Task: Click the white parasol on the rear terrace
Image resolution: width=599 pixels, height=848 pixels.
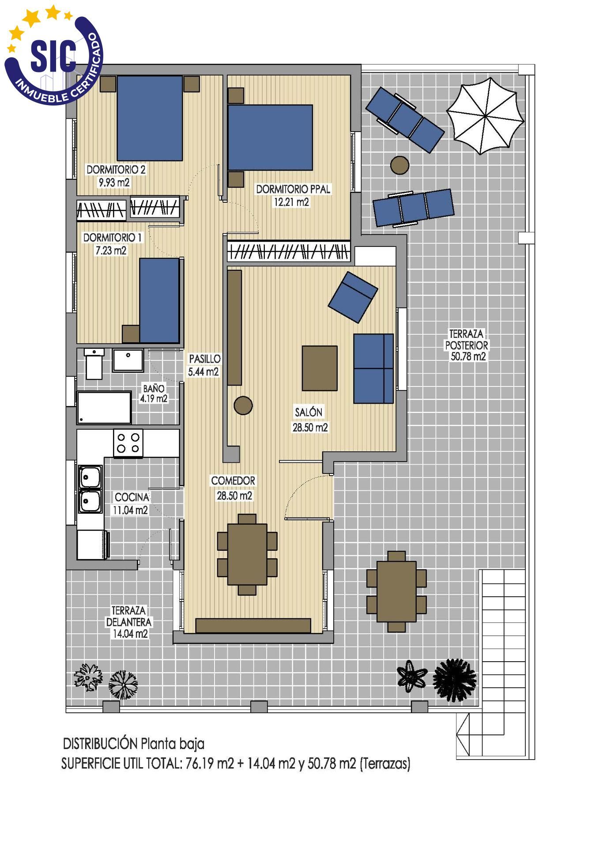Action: tap(485, 116)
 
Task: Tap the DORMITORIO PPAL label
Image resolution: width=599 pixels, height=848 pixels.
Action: tap(293, 189)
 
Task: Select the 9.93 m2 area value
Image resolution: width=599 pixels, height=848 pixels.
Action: tap(114, 182)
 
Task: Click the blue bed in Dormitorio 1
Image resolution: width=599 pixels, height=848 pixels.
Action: tap(159, 300)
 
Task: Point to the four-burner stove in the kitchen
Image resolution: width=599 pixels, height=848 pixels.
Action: tap(128, 443)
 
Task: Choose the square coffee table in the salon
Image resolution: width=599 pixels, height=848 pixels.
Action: tap(320, 368)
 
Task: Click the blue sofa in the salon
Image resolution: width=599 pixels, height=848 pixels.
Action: tap(373, 368)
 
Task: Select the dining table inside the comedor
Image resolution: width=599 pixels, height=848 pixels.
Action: tap(247, 554)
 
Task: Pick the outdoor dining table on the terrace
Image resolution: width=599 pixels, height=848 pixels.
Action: tap(396, 591)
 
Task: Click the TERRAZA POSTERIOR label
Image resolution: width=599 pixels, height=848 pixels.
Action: tap(467, 345)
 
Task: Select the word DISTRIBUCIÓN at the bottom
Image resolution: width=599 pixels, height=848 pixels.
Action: tap(100, 743)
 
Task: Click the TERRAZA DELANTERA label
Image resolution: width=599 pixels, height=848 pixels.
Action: tap(129, 616)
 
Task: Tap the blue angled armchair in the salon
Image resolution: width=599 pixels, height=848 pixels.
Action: tap(353, 297)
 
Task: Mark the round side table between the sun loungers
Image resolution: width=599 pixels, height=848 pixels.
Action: tap(400, 166)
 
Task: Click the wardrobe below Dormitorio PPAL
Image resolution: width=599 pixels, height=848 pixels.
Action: tap(289, 252)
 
